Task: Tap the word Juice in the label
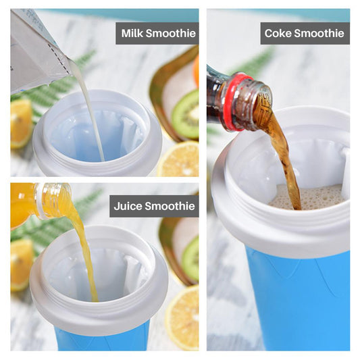click(x=128, y=206)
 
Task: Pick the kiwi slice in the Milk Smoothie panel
click(x=185, y=115)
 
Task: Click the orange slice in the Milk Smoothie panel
click(x=20, y=122)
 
